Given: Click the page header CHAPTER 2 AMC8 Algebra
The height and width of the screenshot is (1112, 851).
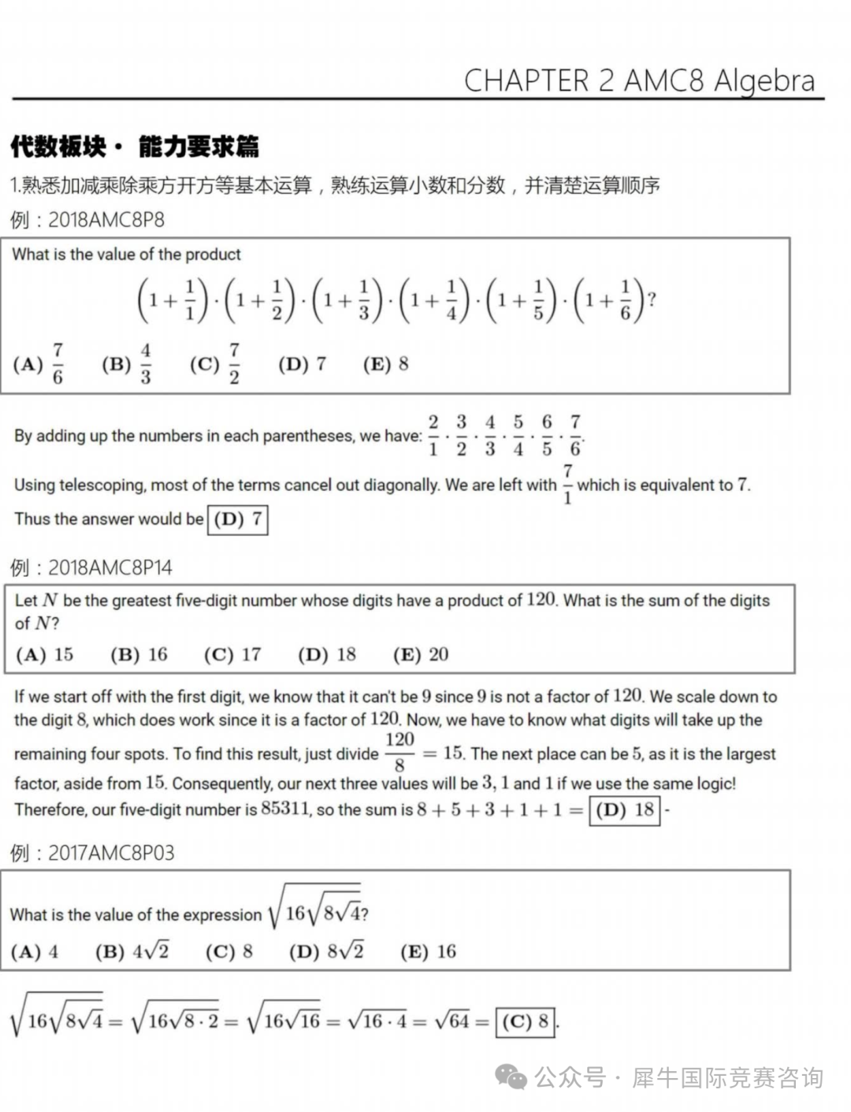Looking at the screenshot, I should [x=639, y=80].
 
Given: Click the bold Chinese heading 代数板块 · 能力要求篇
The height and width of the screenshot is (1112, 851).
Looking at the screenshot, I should [x=135, y=147].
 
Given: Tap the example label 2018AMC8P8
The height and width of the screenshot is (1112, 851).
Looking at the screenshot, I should [x=106, y=220].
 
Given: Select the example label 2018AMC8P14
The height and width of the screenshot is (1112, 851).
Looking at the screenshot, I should [x=110, y=567].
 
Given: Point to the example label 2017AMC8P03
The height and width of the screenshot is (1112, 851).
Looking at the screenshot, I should [x=111, y=853].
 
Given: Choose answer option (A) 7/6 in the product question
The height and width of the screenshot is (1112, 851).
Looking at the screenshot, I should [x=39, y=364].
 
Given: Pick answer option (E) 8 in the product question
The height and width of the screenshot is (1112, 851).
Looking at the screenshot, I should [x=385, y=364].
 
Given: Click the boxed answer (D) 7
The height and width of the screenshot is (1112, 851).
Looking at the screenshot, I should [x=237, y=519].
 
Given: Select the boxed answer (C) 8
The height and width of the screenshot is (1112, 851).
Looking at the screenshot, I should [x=526, y=1022].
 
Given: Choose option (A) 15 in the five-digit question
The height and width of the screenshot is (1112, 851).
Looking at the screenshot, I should [x=44, y=654].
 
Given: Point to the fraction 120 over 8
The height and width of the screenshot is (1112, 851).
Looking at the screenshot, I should [x=399, y=752].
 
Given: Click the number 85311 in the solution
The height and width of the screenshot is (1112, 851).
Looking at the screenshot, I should [x=286, y=809].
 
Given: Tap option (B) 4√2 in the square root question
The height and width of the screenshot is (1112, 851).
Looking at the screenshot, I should [x=132, y=951].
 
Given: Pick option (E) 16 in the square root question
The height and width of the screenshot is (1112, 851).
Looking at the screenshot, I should [x=429, y=951].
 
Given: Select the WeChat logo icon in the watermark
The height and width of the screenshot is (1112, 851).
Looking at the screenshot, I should [x=511, y=1077].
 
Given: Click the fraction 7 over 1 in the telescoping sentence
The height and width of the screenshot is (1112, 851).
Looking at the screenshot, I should [x=567, y=484].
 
